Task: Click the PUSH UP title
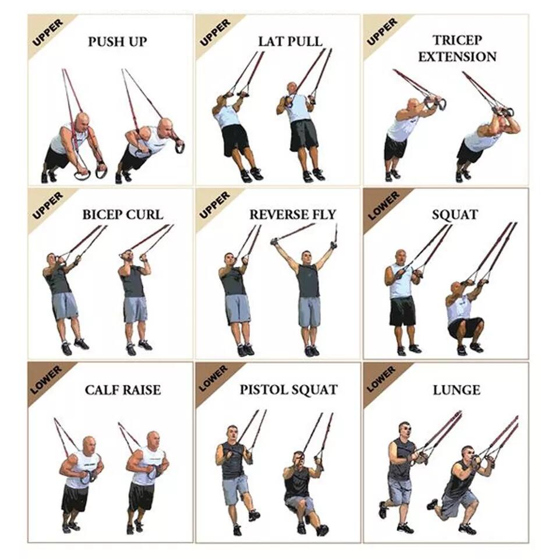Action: (117, 42)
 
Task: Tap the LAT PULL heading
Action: (290, 41)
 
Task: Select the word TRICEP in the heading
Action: (457, 40)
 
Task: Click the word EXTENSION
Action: (457, 56)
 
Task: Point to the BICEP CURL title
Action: (123, 215)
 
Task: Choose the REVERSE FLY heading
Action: (293, 215)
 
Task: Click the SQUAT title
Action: (455, 215)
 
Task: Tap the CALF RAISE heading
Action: (123, 390)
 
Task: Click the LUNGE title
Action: (457, 390)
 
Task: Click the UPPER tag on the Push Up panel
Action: (47, 33)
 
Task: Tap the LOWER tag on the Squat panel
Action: (384, 206)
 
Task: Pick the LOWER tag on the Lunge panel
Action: (381, 379)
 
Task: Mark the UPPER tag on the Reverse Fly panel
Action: (215, 205)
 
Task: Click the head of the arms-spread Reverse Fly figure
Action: (307, 258)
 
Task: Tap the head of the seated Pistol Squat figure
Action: (299, 459)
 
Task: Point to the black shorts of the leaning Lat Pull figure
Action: (235, 140)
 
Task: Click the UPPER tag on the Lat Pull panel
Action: (215, 33)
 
